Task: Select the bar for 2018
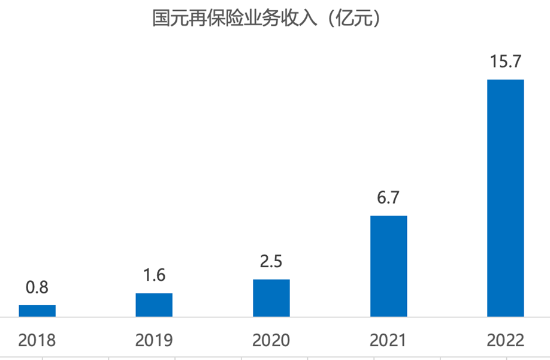(x=37, y=310)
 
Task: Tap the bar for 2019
(x=154, y=304)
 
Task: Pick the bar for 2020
(x=271, y=298)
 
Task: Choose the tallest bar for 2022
(x=506, y=198)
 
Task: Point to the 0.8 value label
(x=37, y=288)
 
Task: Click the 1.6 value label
(x=154, y=276)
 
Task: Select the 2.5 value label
(x=271, y=262)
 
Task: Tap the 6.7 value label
(x=388, y=198)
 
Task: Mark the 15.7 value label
(x=505, y=62)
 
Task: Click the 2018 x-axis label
(x=37, y=341)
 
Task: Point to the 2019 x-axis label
(x=154, y=341)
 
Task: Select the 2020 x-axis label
(x=271, y=341)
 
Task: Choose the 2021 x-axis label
(x=388, y=341)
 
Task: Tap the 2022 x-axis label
(x=506, y=341)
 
